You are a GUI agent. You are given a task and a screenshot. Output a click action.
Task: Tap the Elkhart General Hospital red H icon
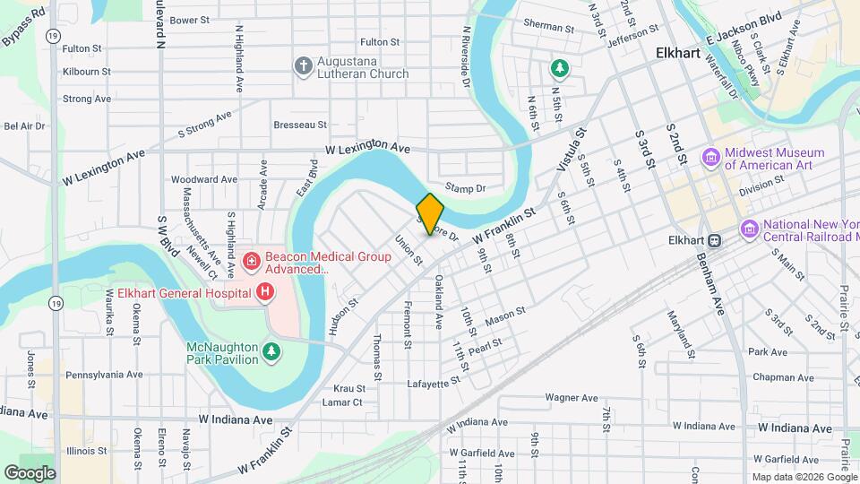[265, 291]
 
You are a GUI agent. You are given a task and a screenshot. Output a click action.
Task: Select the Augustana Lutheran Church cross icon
[303, 65]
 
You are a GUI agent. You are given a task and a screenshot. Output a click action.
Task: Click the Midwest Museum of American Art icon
[711, 158]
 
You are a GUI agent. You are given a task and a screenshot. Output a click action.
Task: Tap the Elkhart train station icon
[715, 240]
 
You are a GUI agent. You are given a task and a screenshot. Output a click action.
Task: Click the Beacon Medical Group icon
[253, 262]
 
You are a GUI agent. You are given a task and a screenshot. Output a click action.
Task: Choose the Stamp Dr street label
[465, 189]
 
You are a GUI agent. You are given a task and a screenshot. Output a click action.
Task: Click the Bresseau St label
[300, 125]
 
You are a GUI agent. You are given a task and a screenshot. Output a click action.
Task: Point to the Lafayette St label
[434, 381]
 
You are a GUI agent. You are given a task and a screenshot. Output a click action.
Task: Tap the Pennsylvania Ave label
[104, 375]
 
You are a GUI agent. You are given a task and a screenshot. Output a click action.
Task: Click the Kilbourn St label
[87, 71]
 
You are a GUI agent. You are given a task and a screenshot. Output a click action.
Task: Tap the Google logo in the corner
[30, 472]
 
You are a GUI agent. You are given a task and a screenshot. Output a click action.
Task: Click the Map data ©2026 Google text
[804, 476]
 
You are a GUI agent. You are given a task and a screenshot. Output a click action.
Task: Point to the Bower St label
[189, 20]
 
